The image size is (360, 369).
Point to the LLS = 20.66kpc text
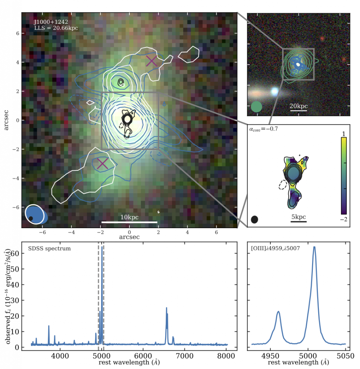point(56,28)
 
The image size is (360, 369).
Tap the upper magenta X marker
point(152,61)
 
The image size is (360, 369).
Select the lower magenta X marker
point(103,163)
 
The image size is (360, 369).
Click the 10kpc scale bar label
point(129,217)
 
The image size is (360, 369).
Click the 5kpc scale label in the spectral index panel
point(298,217)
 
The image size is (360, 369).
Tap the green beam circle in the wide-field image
point(256,107)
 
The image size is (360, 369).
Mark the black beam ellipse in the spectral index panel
point(255,219)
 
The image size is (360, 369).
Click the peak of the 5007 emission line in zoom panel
point(314,247)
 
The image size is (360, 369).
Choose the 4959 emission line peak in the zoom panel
point(278,312)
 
